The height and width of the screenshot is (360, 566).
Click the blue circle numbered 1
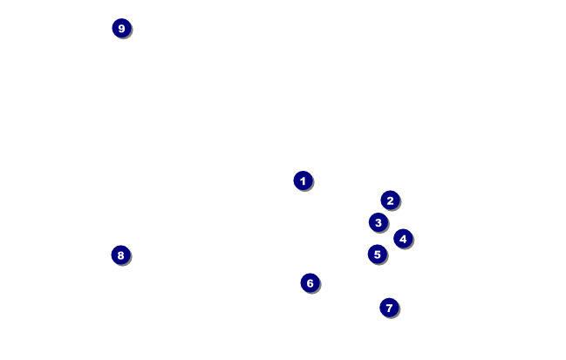tap(303, 180)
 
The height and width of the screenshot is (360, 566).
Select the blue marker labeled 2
tap(390, 200)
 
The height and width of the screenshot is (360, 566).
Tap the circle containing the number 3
tap(378, 222)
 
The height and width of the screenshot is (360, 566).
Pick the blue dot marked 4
tap(402, 239)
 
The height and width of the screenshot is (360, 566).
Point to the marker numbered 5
tap(377, 255)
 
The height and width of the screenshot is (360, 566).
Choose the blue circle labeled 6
tap(310, 283)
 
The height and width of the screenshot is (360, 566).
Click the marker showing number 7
tap(389, 308)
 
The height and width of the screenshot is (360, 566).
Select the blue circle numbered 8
tap(120, 255)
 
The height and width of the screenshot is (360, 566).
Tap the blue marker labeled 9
tap(121, 29)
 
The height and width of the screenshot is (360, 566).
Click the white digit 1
tap(303, 180)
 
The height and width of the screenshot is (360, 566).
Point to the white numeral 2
tap(390, 200)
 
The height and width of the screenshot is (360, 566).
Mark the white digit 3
tap(378, 222)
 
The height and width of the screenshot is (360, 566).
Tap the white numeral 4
tap(402, 239)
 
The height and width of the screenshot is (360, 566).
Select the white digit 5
tap(377, 255)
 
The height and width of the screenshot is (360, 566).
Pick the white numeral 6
tap(310, 283)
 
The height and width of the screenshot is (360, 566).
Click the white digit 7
tap(389, 308)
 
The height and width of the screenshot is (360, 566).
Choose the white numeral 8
tap(120, 255)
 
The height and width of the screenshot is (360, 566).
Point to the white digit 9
tap(121, 29)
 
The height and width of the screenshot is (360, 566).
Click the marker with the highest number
tap(121, 29)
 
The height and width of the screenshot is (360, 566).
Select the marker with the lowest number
tap(303, 180)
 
